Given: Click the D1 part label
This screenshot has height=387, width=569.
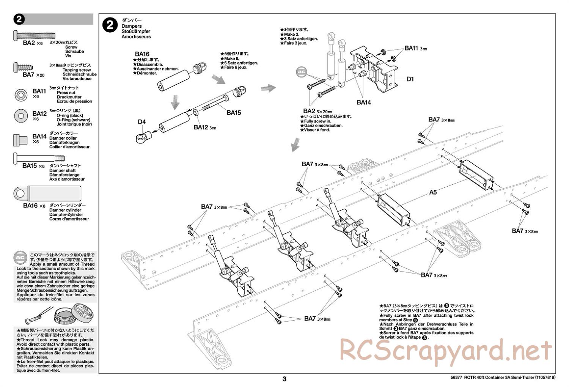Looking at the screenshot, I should click(x=410, y=79).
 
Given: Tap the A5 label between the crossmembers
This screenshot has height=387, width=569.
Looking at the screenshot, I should click(x=433, y=192).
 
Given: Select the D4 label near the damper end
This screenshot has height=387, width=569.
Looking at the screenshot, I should click(x=141, y=122).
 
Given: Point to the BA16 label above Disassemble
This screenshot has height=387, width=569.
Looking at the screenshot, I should click(x=142, y=54).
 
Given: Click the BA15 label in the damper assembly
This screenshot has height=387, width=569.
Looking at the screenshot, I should click(x=234, y=113).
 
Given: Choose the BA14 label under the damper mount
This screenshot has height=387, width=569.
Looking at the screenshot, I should click(x=364, y=102).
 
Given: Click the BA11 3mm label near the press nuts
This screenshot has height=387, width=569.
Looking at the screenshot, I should click(x=415, y=48).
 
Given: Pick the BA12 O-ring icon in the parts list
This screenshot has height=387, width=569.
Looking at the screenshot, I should click(x=21, y=116).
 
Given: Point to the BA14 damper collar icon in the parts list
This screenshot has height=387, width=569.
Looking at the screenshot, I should click(x=20, y=140).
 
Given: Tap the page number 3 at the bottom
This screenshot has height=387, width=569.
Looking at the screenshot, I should click(x=284, y=379).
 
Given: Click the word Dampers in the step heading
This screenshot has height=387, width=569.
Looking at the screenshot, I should click(x=131, y=27).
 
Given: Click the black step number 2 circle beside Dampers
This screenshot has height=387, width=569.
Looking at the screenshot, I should click(x=110, y=25).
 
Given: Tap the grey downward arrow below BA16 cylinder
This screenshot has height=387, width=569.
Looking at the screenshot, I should click(x=175, y=101).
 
